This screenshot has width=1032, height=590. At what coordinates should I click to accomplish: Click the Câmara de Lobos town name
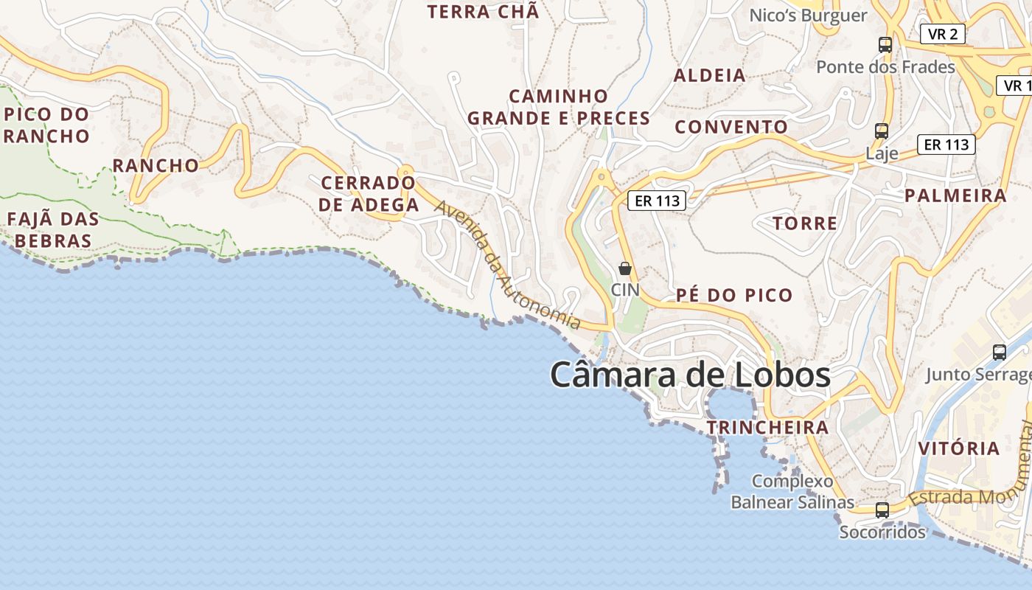point(690,374)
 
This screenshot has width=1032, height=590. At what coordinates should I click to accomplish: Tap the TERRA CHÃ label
point(484,12)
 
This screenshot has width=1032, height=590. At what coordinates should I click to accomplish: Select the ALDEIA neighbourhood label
point(710,75)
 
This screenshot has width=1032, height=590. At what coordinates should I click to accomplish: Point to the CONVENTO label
point(731,127)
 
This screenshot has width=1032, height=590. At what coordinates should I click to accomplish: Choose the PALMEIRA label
point(955,195)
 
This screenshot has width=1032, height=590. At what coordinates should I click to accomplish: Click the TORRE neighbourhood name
point(804,223)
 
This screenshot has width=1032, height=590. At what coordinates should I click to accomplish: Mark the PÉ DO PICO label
point(734,296)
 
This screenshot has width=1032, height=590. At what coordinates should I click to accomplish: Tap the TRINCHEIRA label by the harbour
point(767,428)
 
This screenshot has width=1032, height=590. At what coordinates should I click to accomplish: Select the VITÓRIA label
point(958,448)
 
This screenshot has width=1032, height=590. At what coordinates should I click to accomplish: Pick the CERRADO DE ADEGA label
point(369,194)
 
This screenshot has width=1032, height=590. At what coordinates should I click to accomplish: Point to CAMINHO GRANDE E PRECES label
point(559,107)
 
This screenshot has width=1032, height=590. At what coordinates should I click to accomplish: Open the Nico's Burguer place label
point(808,15)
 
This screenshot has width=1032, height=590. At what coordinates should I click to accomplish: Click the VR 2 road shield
point(943,33)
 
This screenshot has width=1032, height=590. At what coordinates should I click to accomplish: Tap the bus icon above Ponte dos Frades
point(885,45)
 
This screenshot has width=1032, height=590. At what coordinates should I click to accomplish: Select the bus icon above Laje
point(881,131)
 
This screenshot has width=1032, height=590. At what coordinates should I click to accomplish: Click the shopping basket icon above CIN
point(625,268)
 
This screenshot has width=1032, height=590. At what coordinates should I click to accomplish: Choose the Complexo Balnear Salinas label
point(792,492)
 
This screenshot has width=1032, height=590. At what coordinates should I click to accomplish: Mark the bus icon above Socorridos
point(882,510)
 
